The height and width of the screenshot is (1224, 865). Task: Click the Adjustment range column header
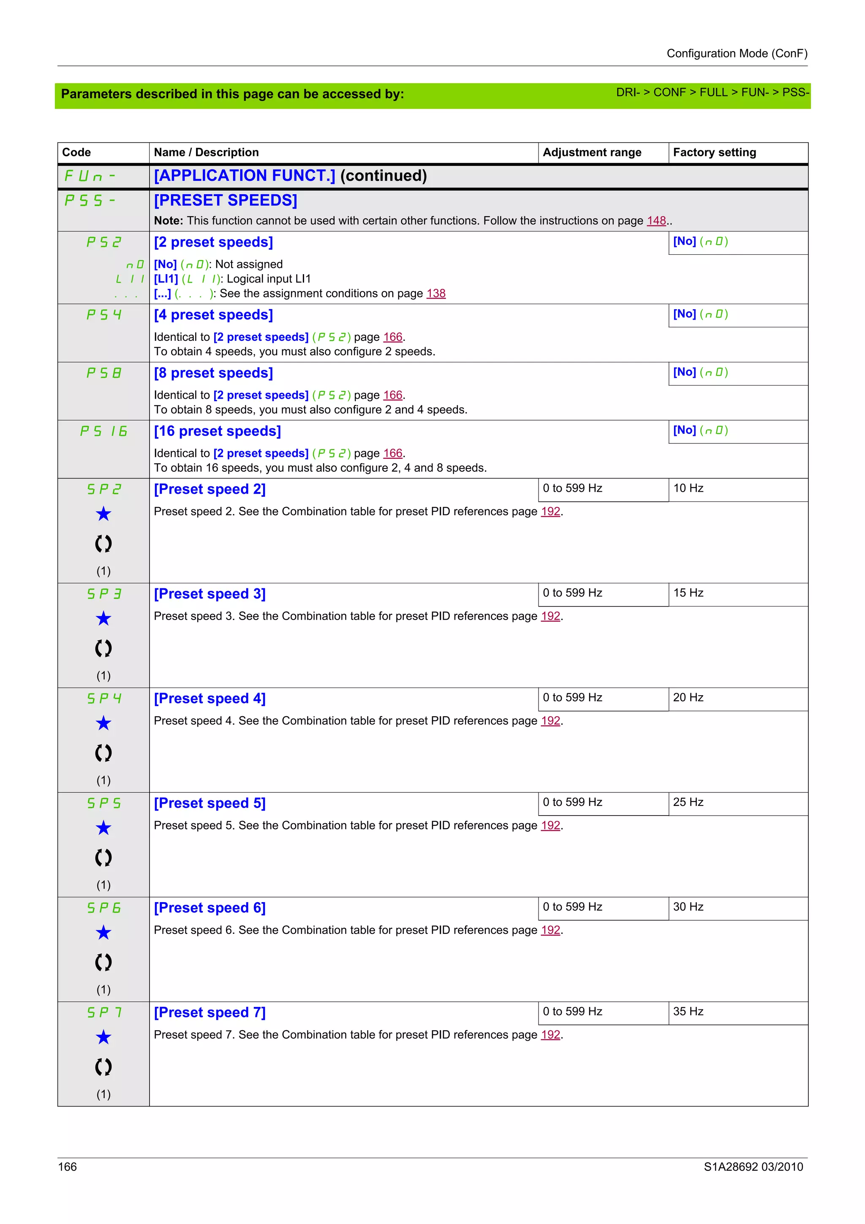(592, 152)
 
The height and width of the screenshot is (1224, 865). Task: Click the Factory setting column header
(714, 152)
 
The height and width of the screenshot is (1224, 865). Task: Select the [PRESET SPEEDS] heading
(226, 201)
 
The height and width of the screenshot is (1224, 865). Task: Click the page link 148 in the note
(656, 221)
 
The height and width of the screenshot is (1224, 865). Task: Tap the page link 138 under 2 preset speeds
(435, 294)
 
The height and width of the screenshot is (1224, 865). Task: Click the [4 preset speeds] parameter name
(213, 315)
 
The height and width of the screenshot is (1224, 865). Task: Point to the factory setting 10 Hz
(688, 488)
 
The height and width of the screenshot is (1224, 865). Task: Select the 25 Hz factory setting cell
(688, 802)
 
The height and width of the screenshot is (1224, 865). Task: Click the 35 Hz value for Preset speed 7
(688, 1012)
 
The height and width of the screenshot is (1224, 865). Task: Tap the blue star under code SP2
(103, 514)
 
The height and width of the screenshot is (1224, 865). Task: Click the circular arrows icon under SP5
(103, 858)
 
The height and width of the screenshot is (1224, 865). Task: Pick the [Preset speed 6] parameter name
(209, 908)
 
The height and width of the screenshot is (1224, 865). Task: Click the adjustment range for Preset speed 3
(572, 593)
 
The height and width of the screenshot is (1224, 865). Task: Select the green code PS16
(103, 431)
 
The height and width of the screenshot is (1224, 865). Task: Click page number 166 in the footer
(68, 1167)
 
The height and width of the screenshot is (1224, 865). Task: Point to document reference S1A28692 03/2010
(753, 1167)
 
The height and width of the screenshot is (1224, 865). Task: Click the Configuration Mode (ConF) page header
(737, 53)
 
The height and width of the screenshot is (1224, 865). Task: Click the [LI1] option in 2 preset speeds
(166, 279)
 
